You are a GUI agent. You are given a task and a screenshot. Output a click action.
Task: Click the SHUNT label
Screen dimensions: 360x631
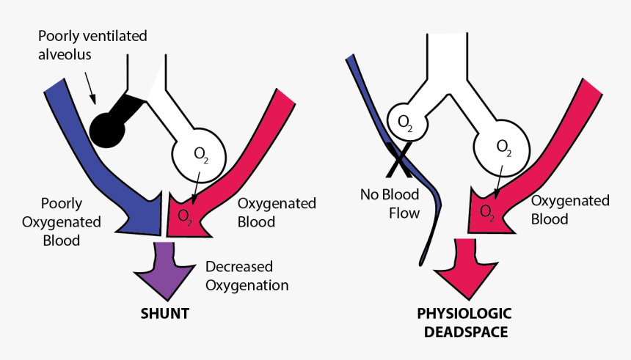(164, 313)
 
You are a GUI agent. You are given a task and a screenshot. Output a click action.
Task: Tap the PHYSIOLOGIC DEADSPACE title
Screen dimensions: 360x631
(464, 322)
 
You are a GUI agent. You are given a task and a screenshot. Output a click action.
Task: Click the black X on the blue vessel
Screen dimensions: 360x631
(398, 159)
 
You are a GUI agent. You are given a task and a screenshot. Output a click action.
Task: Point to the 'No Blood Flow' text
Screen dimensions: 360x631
(390, 204)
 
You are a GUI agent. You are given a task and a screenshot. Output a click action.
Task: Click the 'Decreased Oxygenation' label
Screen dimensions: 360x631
(247, 276)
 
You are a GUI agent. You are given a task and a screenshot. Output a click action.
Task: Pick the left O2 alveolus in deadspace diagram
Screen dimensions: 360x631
(404, 122)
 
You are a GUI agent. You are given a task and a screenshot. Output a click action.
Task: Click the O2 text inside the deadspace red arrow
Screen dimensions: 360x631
(486, 212)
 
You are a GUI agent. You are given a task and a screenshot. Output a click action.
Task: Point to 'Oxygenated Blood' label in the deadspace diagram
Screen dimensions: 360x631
(569, 209)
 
